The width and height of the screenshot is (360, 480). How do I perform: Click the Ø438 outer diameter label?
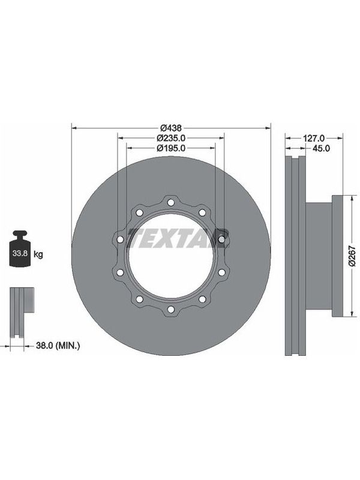tap(171, 127)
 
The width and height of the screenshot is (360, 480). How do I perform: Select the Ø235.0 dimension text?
tap(171, 138)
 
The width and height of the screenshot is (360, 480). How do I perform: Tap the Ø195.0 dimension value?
tap(171, 148)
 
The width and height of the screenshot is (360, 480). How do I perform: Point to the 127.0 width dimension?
tap(314, 139)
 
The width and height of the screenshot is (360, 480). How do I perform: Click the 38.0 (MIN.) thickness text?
tap(58, 346)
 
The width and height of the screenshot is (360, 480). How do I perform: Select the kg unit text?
tap(38, 254)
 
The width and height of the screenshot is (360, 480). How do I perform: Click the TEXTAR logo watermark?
tap(178, 238)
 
